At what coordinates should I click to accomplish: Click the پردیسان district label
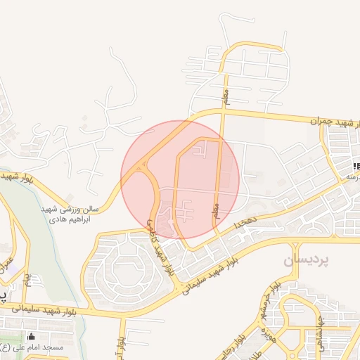coord(307,260)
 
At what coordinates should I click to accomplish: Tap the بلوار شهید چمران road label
coord(334,122)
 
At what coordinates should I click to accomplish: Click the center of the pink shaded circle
coord(180,179)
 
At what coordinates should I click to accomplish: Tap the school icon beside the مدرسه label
coord(357,166)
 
